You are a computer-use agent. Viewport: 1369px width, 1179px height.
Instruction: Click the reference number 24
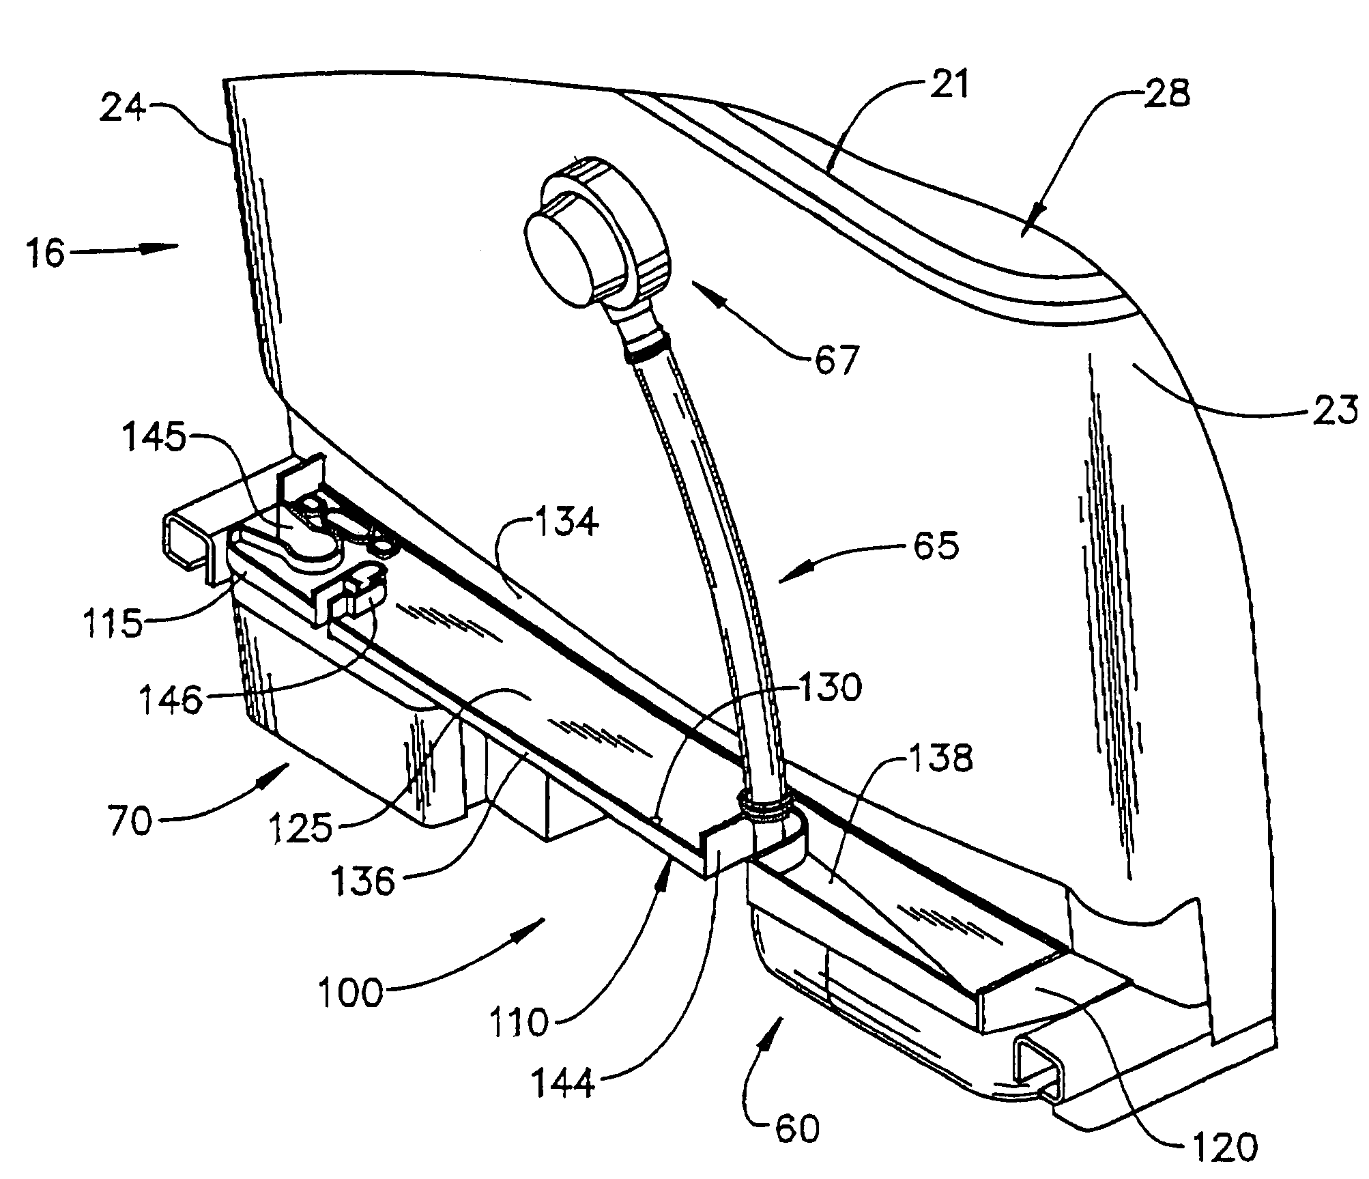124,109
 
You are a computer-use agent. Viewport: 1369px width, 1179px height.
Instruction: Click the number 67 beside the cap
836,360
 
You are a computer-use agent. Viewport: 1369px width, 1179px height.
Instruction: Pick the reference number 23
1334,411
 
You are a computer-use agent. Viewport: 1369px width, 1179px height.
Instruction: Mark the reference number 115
113,623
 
